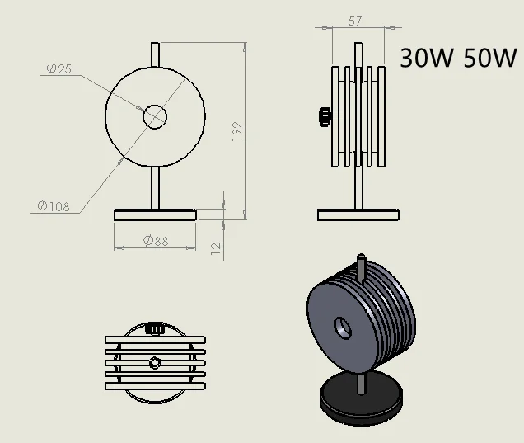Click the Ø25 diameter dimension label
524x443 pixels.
pos(58,68)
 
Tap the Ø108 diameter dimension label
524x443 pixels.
pos(54,205)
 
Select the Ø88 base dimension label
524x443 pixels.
pos(156,240)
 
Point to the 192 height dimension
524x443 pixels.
pos(237,131)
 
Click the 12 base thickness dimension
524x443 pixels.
pos(216,248)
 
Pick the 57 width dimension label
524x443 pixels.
pos(354,21)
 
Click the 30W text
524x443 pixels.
pos(427,58)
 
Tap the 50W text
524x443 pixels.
pos(490,58)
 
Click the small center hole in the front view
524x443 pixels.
pos(155,117)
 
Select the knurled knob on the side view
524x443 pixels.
pos(325,117)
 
